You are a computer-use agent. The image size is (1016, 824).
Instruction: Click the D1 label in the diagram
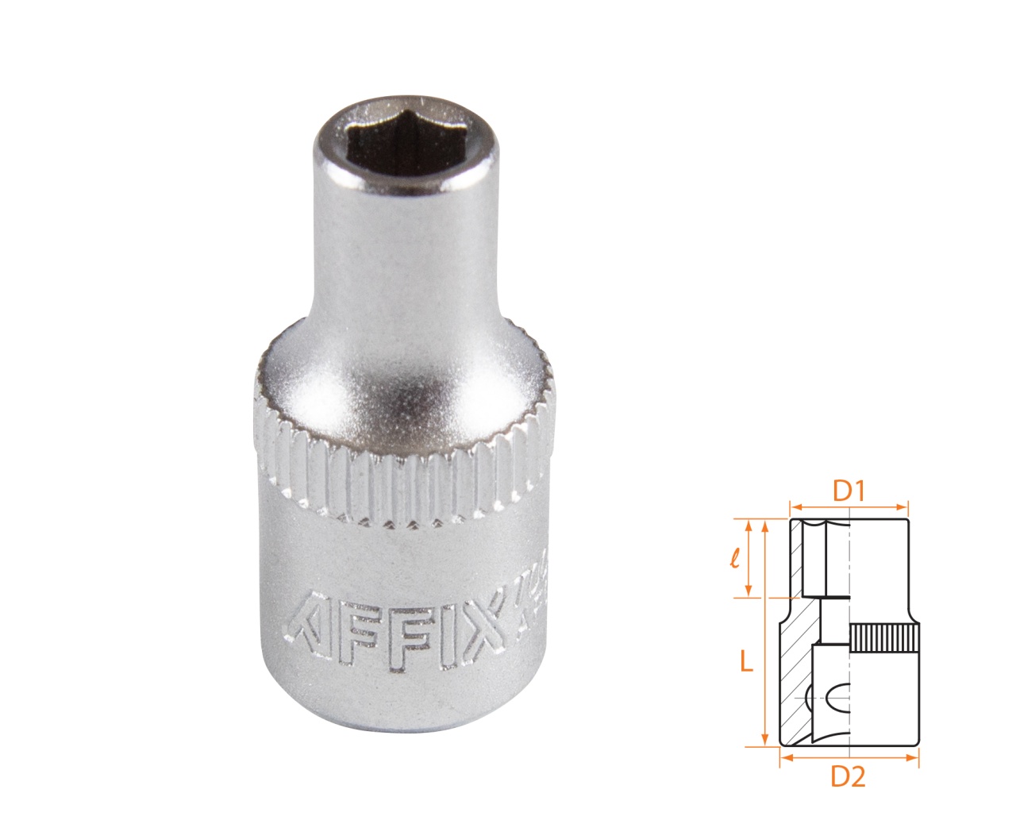click(848, 492)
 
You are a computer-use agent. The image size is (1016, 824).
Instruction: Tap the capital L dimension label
click(746, 662)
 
